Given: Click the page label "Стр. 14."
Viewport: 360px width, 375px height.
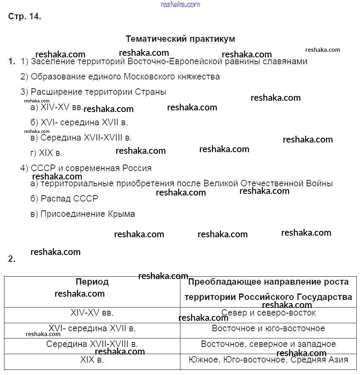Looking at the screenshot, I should click(25, 17).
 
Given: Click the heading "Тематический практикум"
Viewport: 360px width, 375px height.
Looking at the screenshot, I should click(180, 39).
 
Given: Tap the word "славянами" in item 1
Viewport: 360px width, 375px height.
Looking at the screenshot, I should click(287, 61).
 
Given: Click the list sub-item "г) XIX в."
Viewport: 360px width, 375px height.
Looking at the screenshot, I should click(46, 153).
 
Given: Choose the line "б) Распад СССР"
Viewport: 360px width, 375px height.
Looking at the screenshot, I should click(64, 199).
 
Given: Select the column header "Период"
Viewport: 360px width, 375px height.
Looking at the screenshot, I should click(92, 282).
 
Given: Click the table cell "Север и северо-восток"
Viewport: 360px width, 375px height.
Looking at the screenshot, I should click(268, 313).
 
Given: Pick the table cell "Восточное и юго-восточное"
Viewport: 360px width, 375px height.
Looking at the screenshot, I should click(268, 328).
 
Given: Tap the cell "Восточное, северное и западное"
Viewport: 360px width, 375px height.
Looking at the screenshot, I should click(268, 344).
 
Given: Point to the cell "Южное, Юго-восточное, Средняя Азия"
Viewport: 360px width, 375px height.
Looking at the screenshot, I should click(268, 360).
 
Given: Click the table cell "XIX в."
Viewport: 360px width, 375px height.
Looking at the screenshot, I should click(92, 360).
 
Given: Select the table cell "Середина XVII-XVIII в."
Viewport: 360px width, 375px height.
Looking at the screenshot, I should click(92, 344).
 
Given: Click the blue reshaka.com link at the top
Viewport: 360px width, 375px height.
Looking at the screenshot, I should click(180, 4).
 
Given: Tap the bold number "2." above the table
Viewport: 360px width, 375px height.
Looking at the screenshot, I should click(12, 259).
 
